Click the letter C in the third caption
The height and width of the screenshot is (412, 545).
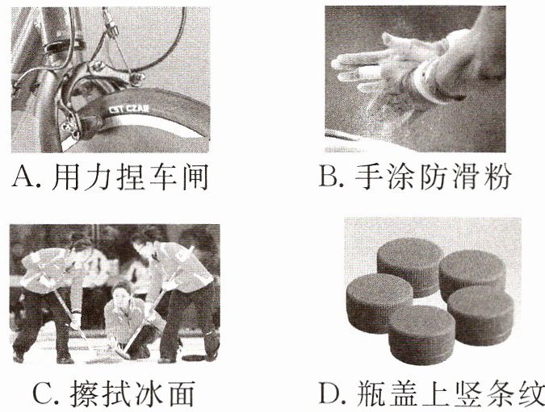[x=44, y=393]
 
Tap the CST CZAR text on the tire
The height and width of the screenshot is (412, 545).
[x=129, y=109]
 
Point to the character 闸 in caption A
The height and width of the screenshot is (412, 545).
[x=195, y=177]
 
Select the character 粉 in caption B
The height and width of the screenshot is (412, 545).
[x=497, y=177]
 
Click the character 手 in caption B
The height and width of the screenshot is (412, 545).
[x=367, y=177]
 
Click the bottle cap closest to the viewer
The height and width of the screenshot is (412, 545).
[x=421, y=335]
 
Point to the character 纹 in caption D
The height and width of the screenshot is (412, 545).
[x=530, y=393]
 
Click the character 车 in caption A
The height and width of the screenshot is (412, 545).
[x=162, y=177]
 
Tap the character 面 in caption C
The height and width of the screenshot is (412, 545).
[x=180, y=393]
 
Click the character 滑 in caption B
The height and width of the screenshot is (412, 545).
[x=465, y=177]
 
